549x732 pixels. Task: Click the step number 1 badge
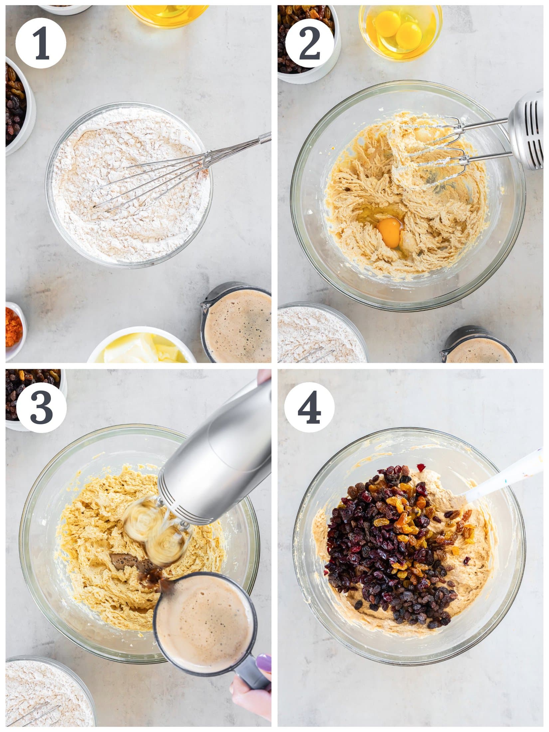coord(41,43)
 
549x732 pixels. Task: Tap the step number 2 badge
coord(309,43)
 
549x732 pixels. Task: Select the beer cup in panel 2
coord(479,348)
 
